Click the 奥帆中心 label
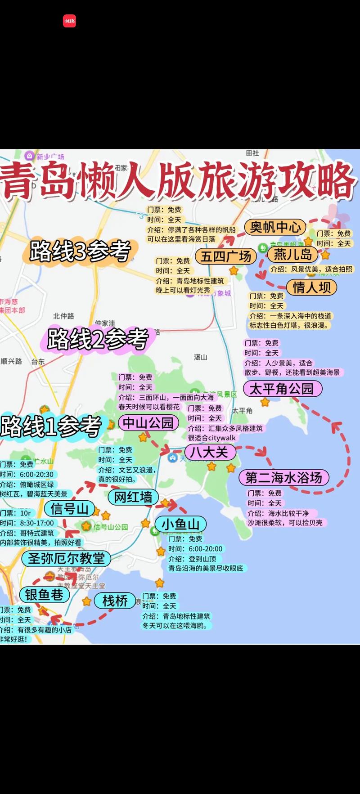[x=275, y=227]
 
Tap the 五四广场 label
[x=226, y=256]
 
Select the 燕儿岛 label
[x=293, y=255]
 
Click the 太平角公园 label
[x=282, y=389]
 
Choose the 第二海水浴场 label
[x=283, y=477]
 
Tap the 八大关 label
[x=209, y=452]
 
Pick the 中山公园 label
[x=148, y=422]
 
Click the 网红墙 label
[x=133, y=497]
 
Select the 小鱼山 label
[x=180, y=524]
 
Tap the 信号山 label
[x=69, y=509]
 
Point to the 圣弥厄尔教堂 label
[x=66, y=559]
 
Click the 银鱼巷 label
[x=44, y=595]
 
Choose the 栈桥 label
[x=115, y=601]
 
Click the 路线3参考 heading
[x=81, y=251]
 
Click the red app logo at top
[x=69, y=21]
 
